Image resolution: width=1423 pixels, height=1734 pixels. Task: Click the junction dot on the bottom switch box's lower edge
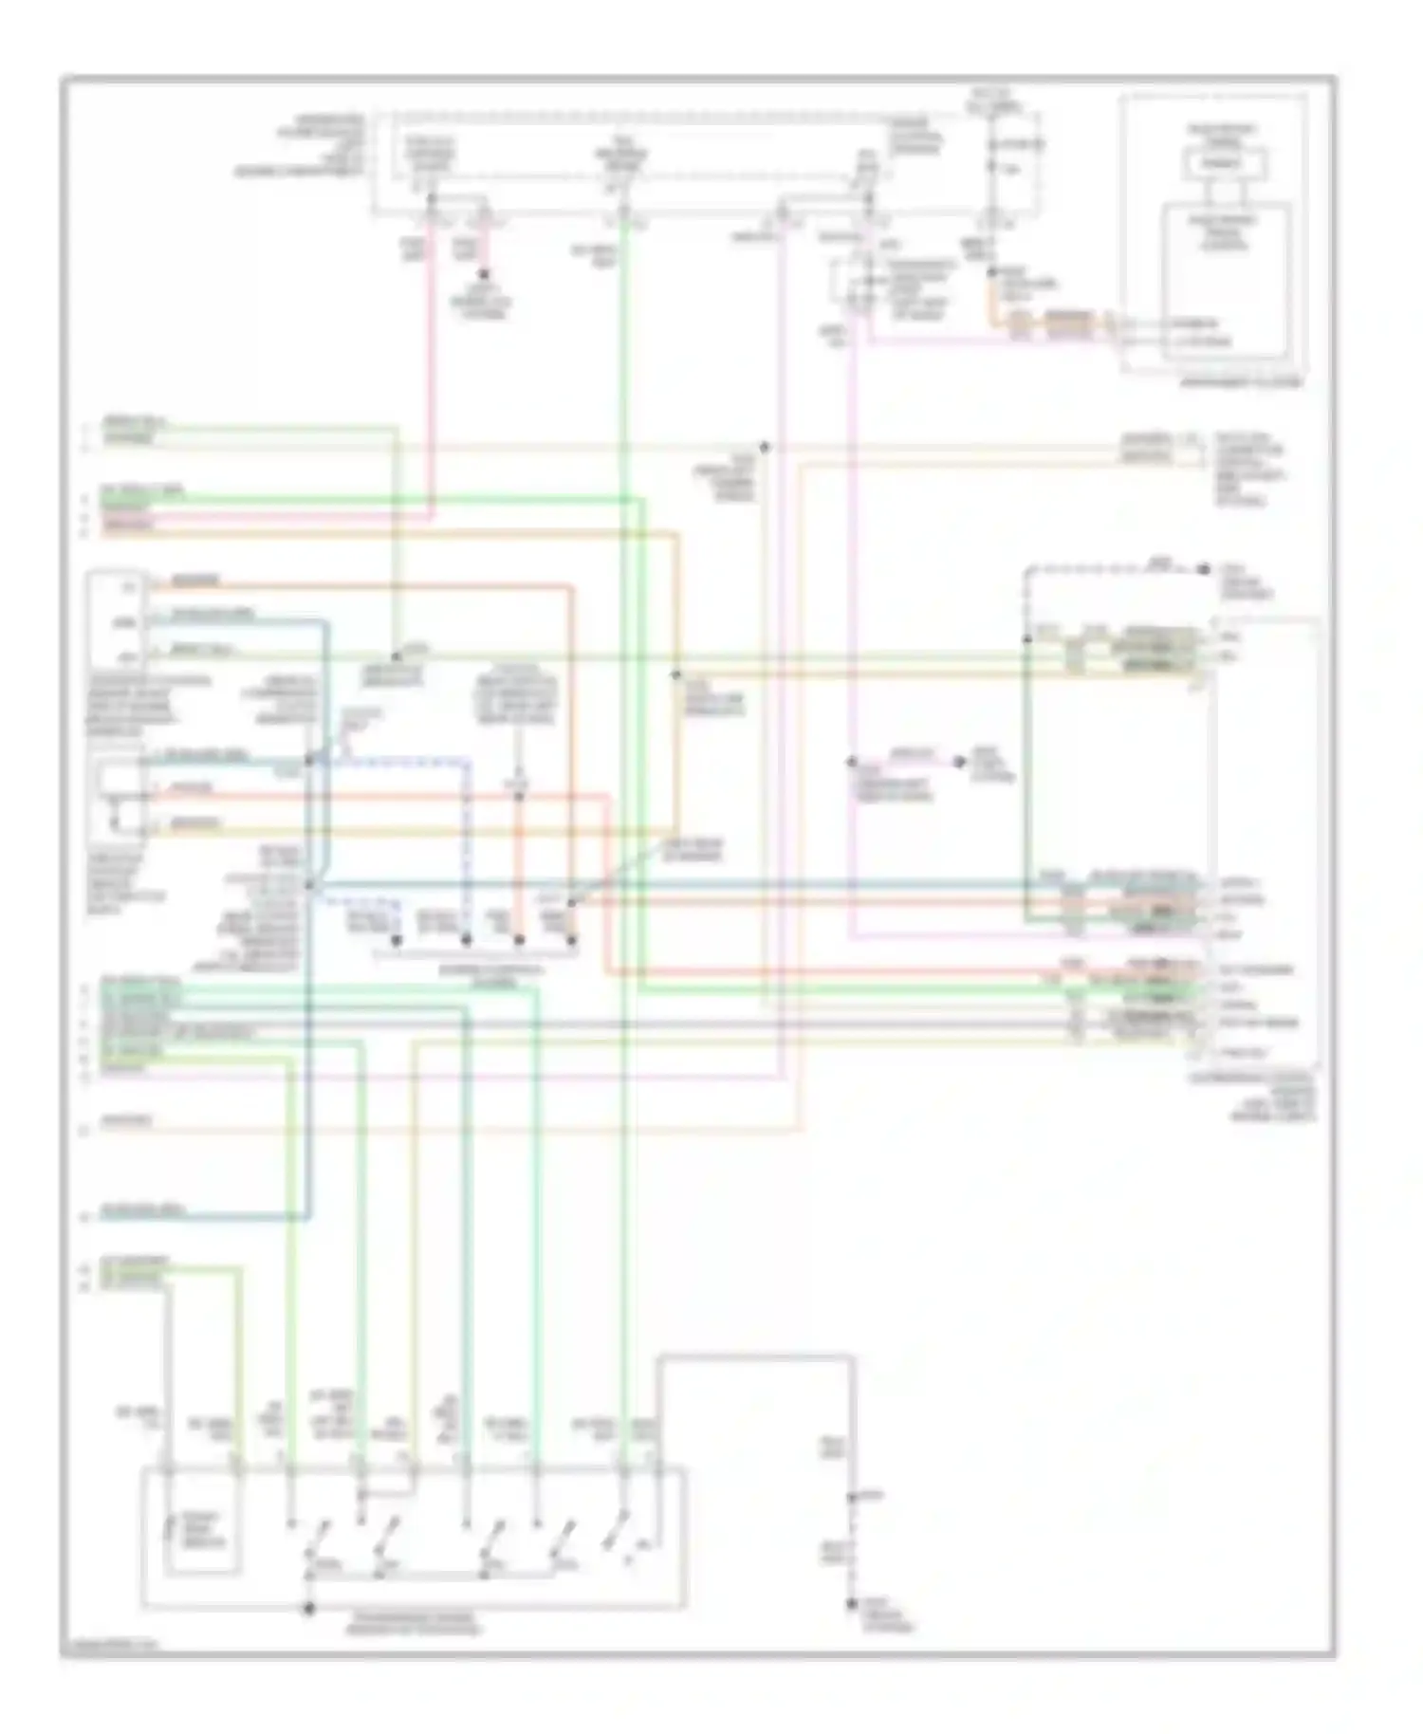click(x=308, y=1608)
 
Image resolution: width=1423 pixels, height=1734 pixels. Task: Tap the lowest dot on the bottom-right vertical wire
click(x=853, y=1604)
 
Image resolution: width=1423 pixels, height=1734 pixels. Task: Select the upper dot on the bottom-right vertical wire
click(x=853, y=1496)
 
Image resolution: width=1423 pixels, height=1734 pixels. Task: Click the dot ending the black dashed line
click(x=1203, y=568)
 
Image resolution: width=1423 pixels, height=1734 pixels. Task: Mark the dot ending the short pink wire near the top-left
click(x=484, y=280)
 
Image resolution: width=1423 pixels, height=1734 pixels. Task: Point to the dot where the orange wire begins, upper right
click(x=991, y=272)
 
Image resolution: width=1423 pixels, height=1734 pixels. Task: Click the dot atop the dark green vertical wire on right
click(x=1026, y=639)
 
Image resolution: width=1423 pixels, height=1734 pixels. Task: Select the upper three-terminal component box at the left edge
click(x=116, y=621)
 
